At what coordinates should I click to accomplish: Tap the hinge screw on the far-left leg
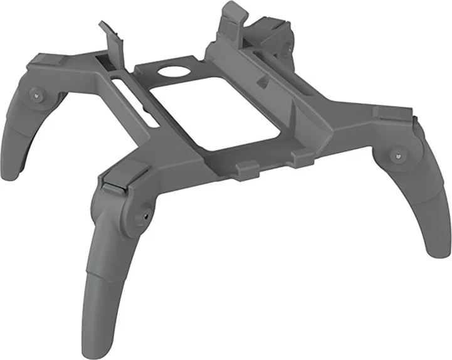(38, 95)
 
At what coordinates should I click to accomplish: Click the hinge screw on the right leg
(397, 153)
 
